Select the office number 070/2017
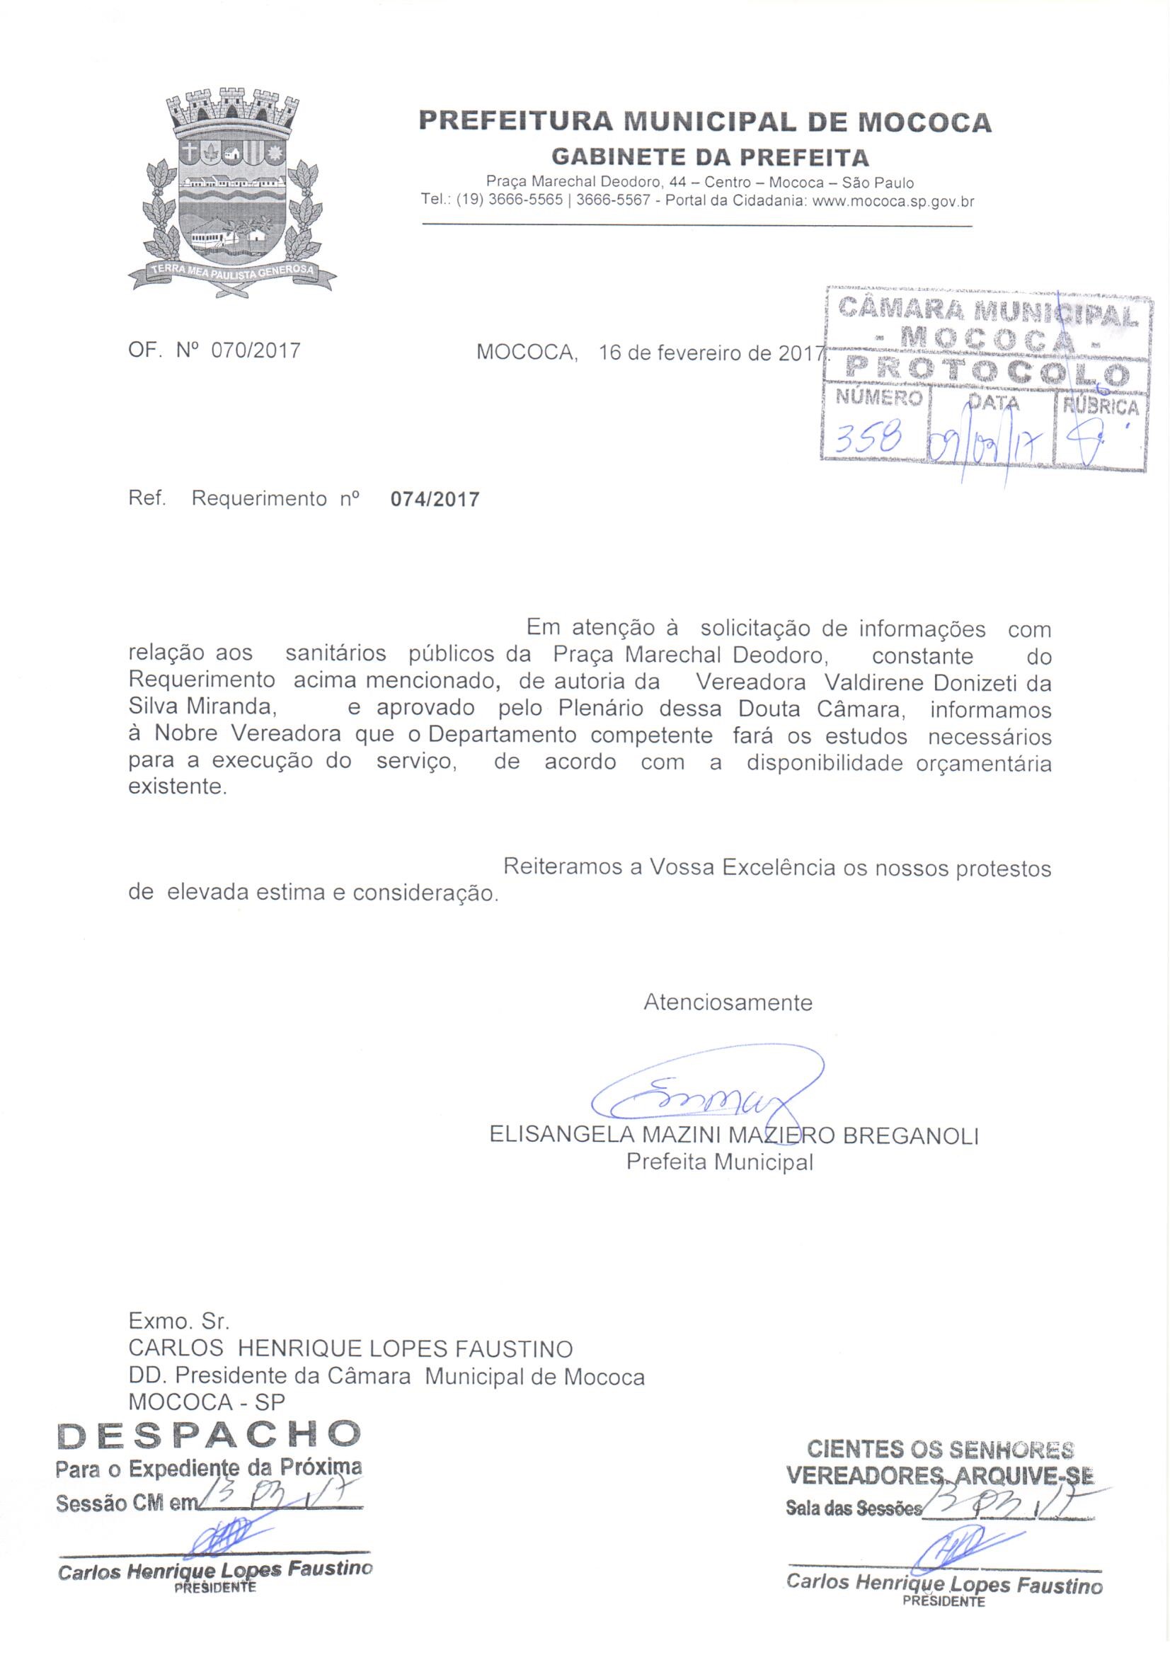click(x=256, y=351)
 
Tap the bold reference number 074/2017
click(x=435, y=500)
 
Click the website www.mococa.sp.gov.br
click(x=893, y=202)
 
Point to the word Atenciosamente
click(x=728, y=1002)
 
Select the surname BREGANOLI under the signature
click(x=910, y=1136)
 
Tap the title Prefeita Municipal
click(x=719, y=1162)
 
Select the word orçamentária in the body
click(x=983, y=763)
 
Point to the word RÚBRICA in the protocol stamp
click(x=1100, y=407)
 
